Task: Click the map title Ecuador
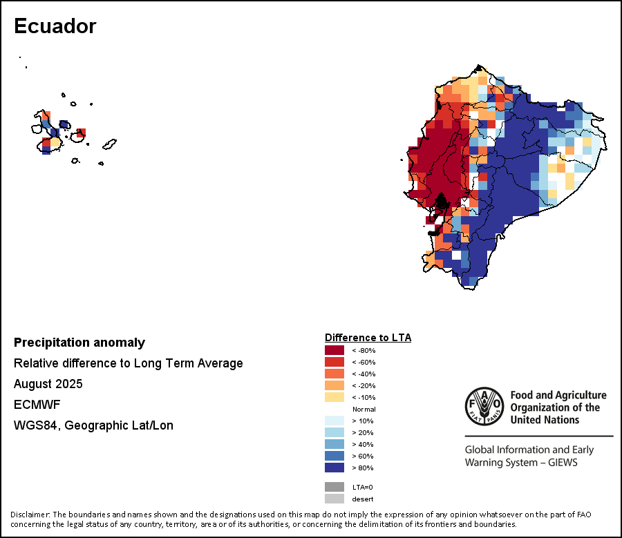click(55, 26)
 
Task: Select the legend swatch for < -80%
click(334, 350)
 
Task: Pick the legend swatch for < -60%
click(334, 362)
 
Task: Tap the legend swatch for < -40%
click(334, 374)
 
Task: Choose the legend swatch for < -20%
click(334, 385)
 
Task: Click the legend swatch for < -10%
click(334, 397)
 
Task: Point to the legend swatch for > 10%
click(334, 421)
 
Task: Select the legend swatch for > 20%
click(334, 432)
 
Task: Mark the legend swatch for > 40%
click(334, 444)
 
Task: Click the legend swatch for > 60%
click(334, 456)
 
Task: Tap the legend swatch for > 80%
click(334, 468)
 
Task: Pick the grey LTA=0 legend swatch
click(334, 487)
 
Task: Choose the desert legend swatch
click(334, 499)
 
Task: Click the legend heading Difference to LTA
click(368, 338)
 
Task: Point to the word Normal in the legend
click(364, 409)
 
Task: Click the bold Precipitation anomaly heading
click(79, 343)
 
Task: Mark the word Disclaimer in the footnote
click(30, 515)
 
